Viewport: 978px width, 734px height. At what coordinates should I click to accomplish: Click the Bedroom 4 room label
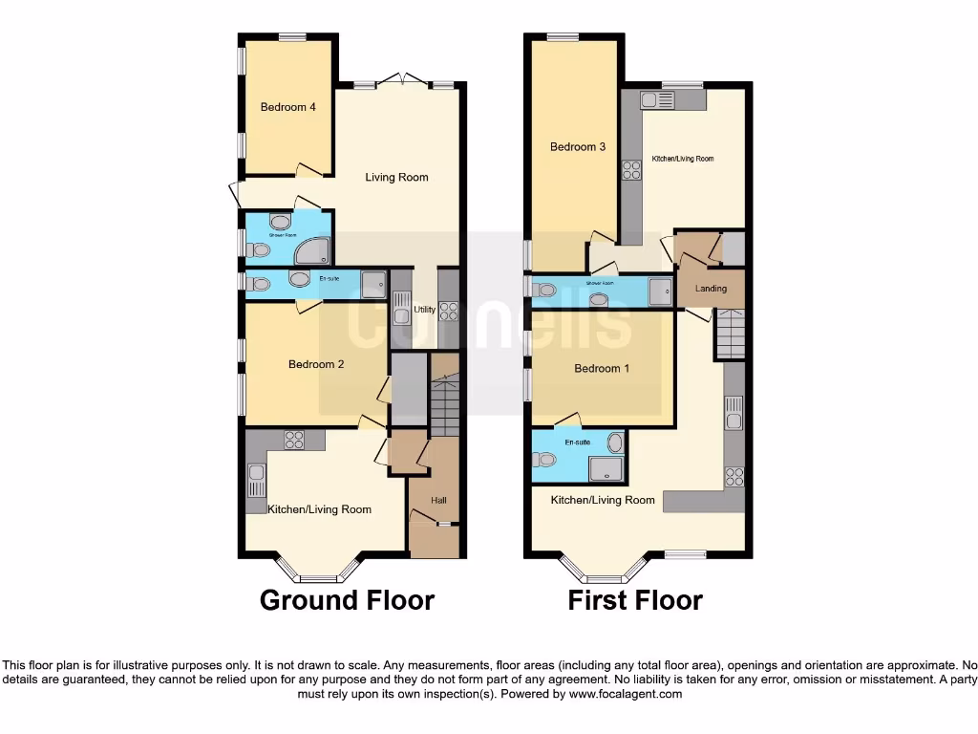coord(288,107)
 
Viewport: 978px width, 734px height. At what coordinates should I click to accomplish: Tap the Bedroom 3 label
coord(578,147)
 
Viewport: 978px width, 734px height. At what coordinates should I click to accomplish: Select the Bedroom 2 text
coord(316,364)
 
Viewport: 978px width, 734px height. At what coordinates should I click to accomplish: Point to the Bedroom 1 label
coord(602,369)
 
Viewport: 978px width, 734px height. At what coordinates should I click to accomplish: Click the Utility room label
coord(424,310)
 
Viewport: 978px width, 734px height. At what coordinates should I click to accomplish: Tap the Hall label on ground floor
coord(438,500)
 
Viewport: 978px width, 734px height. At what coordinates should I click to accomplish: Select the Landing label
coord(711,289)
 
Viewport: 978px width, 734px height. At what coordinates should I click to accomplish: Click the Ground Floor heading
coord(347,600)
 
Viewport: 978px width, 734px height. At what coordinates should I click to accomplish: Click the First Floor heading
coord(635,600)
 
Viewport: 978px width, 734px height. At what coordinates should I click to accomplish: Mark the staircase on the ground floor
coord(444,406)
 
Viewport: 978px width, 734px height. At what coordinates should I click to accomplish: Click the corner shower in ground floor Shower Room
coord(313,250)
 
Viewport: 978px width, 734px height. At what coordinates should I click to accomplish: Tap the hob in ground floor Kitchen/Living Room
coord(293,440)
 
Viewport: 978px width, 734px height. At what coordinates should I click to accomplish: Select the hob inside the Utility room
coord(448,311)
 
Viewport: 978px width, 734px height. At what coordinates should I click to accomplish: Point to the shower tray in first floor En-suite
coord(605,468)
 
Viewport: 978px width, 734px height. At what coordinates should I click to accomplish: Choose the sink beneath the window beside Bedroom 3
coord(657,99)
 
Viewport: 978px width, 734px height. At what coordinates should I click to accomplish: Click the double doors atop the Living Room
coord(402,79)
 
